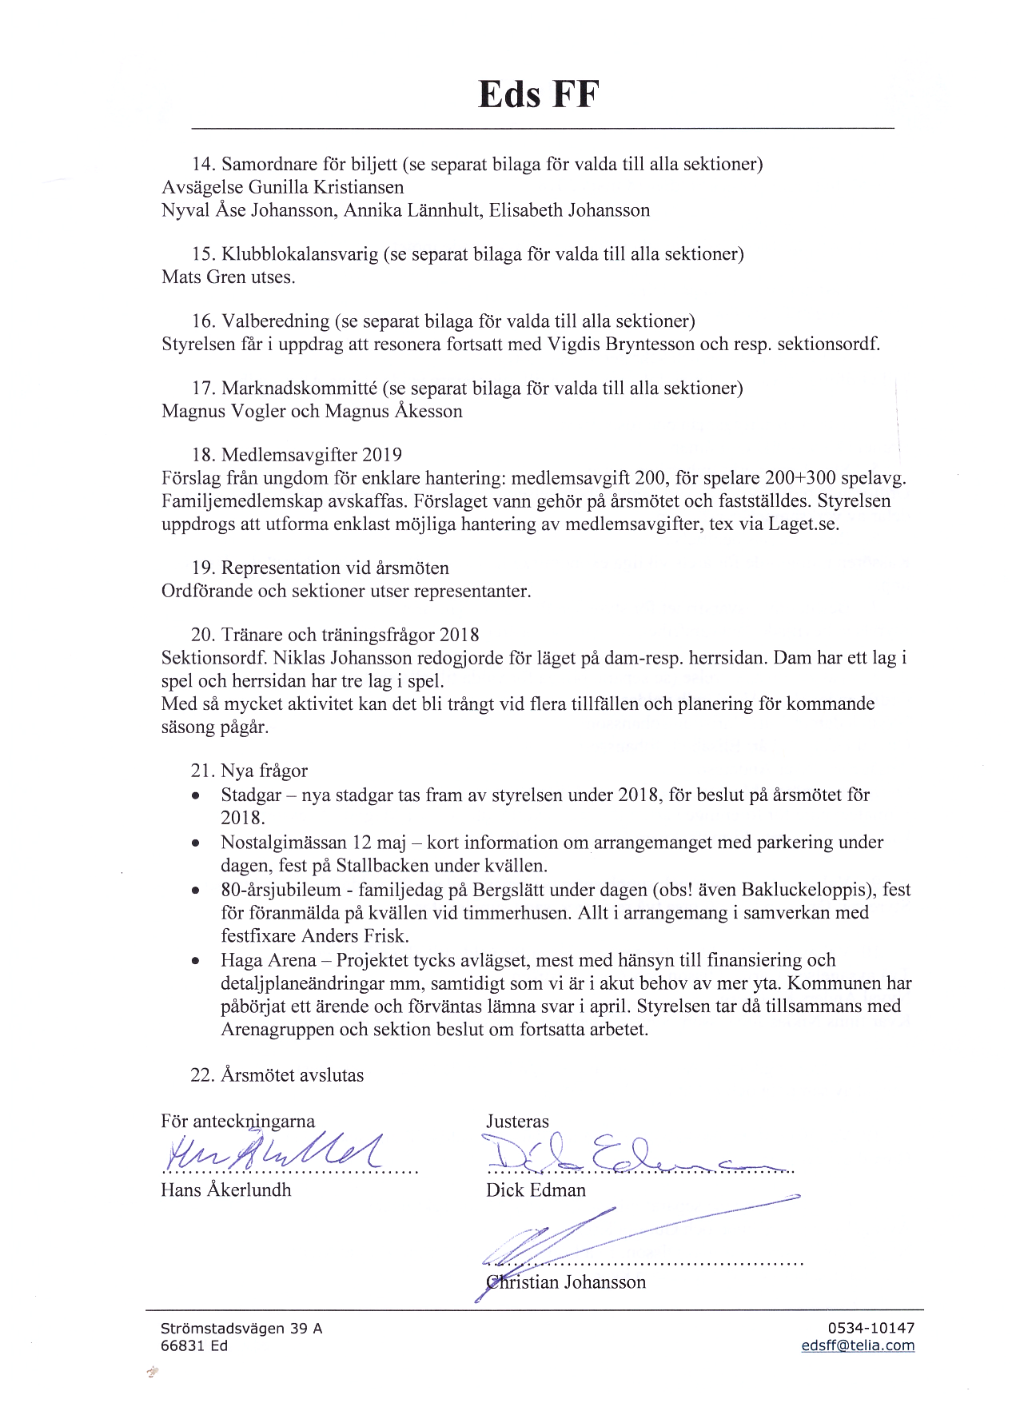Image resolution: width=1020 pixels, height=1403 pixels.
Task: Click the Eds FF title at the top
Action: [x=538, y=95]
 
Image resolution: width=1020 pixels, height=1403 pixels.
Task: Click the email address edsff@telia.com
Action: [x=858, y=1345]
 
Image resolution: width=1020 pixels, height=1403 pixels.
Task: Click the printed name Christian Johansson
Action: [x=566, y=1282]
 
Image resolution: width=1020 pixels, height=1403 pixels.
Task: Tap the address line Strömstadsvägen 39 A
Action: [x=241, y=1328]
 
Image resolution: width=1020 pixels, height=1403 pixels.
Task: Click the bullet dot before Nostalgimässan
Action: [x=195, y=843]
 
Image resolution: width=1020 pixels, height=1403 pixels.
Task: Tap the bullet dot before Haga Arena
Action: [x=195, y=961]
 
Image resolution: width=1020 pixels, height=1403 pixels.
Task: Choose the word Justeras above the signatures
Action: [x=517, y=1122]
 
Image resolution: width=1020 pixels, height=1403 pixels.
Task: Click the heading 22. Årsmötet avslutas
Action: [x=277, y=1075]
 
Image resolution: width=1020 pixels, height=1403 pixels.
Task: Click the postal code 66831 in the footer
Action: [x=184, y=1345]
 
